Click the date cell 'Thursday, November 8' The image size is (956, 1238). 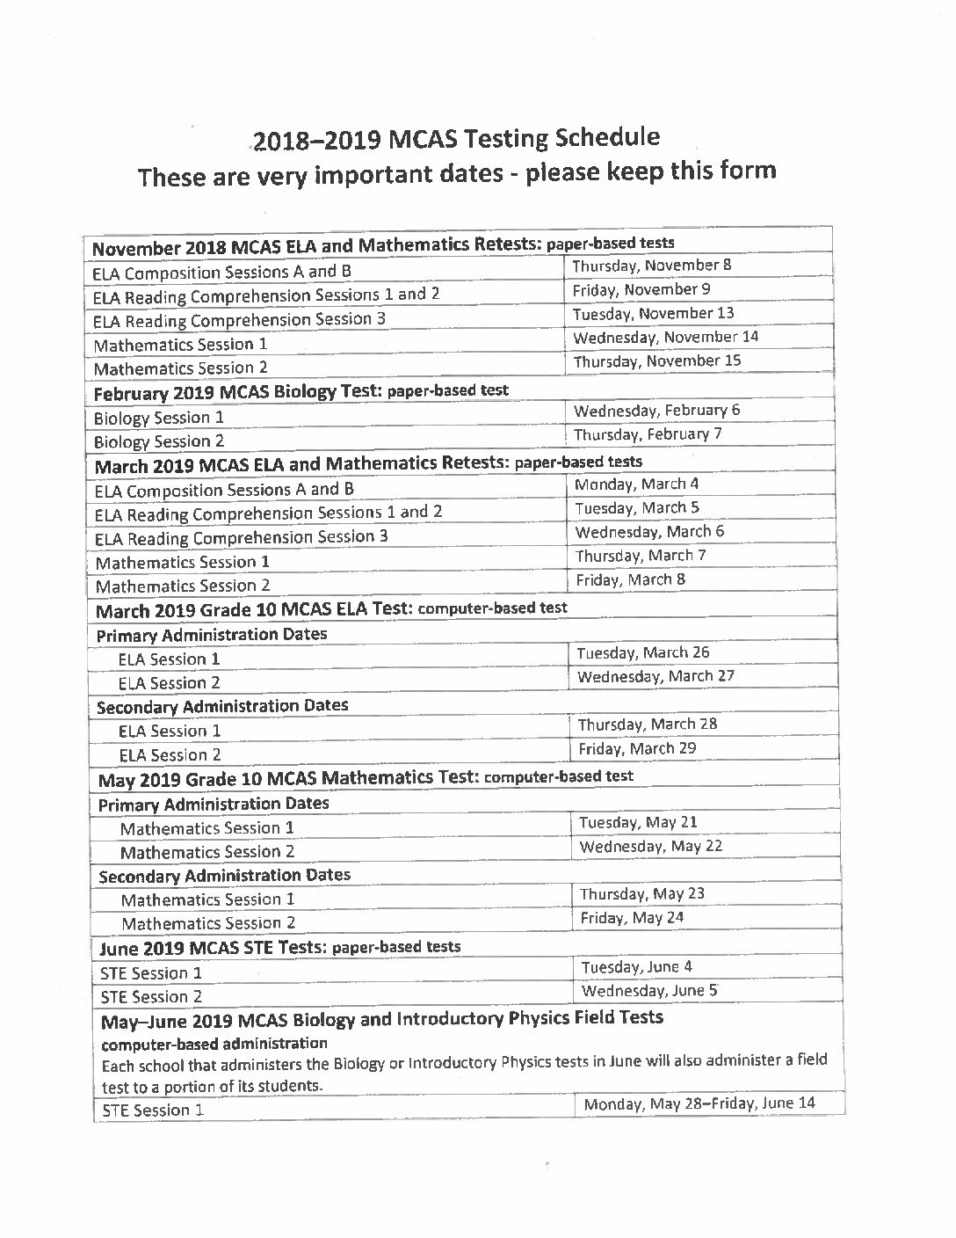(x=651, y=266)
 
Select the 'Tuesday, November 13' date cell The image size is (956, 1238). (x=653, y=314)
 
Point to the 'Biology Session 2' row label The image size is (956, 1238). (x=159, y=441)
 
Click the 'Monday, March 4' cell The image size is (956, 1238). (x=636, y=484)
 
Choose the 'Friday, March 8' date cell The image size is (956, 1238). (x=630, y=580)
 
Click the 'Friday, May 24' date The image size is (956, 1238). (x=633, y=918)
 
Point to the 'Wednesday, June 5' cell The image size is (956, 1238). (x=649, y=991)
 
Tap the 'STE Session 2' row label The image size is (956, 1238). (x=151, y=997)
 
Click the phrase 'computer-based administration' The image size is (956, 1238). (x=214, y=1044)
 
